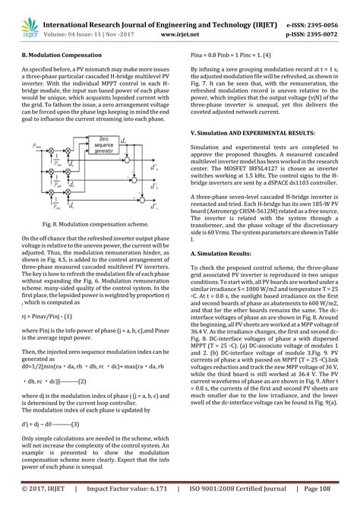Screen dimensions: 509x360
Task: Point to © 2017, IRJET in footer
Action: (x=41, y=498)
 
